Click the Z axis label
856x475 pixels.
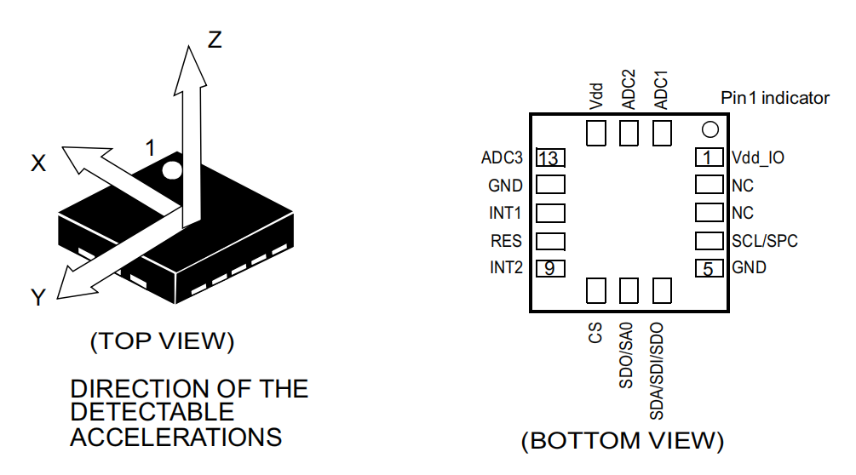[215, 39]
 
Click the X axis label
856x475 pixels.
[38, 164]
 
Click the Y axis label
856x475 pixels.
[38, 297]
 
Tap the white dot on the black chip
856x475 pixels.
[173, 170]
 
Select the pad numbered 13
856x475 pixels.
[550, 158]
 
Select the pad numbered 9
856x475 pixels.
[550, 268]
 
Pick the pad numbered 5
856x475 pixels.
[709, 268]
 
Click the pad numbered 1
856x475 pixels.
[709, 158]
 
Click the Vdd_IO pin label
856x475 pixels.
[758, 157]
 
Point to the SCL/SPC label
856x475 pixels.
[765, 241]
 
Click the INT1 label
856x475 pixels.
[505, 213]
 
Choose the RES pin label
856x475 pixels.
[507, 241]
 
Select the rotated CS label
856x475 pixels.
[595, 332]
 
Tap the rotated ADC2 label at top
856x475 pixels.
[629, 89]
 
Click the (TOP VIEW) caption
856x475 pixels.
[162, 341]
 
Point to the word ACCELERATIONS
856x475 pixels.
[175, 438]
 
